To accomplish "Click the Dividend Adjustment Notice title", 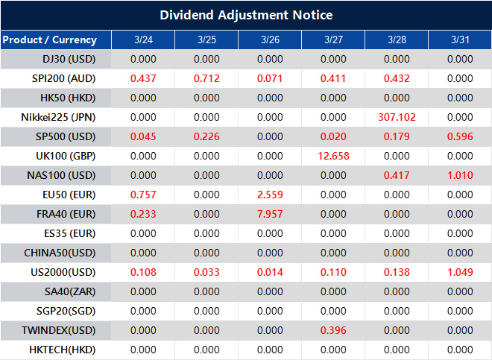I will pos(246,15).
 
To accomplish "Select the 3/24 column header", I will pos(143,40).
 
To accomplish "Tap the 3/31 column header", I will pos(461,40).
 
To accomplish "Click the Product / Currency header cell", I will pos(49,40).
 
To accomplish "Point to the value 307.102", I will pos(397,117).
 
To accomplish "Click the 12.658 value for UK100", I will pos(333,156).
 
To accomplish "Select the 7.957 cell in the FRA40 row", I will pos(270,214).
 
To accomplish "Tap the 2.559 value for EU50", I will pos(270,195).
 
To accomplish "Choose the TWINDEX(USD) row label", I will pos(59,330).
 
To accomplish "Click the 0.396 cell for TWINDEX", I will pos(333,330).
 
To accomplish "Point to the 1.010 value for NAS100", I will pos(461,175).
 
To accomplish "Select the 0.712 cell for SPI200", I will pos(206,78).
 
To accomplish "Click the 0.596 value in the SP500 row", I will pos(461,136).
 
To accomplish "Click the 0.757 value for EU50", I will pos(143,195).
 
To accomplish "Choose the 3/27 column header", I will pos(333,40).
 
